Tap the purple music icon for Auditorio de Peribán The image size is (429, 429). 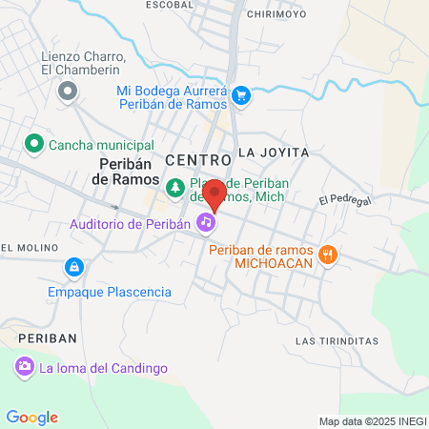click(205, 223)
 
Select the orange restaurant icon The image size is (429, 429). click(329, 254)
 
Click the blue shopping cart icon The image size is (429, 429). click(241, 94)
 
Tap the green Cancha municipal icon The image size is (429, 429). click(33, 144)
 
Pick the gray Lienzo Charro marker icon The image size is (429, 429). click(68, 92)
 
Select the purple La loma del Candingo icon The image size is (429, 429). click(24, 366)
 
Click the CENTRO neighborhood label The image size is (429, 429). click(197, 158)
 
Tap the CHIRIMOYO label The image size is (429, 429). click(276, 14)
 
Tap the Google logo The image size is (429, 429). click(31, 417)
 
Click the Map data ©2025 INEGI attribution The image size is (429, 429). click(372, 421)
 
